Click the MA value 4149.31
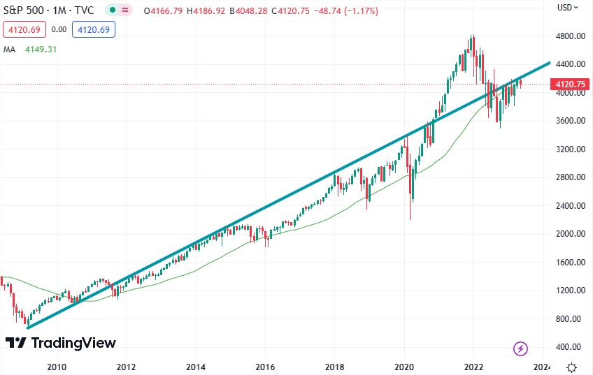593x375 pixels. coord(36,49)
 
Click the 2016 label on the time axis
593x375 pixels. coord(265,366)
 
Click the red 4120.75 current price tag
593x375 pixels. coord(569,84)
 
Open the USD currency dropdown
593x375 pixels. coord(569,8)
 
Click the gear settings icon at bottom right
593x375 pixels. coord(571,367)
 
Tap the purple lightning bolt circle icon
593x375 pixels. coord(520,348)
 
